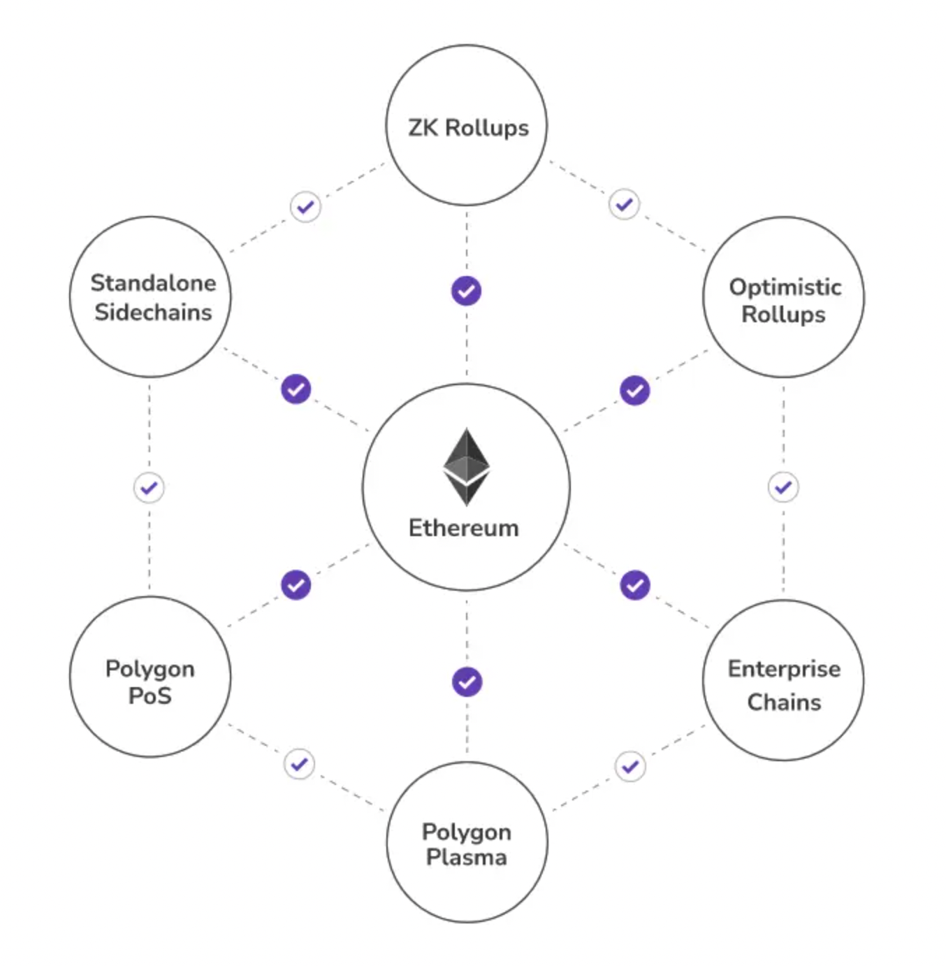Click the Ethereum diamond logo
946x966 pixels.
[x=466, y=466]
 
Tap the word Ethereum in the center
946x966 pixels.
[x=463, y=528]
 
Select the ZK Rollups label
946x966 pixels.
[x=468, y=128]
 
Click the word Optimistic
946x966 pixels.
[x=785, y=287]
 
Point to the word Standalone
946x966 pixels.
[x=153, y=283]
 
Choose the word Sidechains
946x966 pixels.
[x=153, y=312]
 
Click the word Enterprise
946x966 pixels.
[x=784, y=669]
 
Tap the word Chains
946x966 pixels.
[x=784, y=702]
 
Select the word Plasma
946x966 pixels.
[x=467, y=858]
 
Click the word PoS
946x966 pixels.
[x=150, y=696]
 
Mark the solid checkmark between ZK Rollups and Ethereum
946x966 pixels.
[x=466, y=291]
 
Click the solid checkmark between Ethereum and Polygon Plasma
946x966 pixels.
[x=467, y=682]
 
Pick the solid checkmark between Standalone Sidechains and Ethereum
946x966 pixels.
[x=296, y=389]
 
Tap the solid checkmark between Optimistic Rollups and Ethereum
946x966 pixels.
[x=634, y=390]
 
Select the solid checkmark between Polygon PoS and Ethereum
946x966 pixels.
[x=296, y=585]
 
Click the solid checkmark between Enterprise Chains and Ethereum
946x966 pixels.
[x=634, y=585]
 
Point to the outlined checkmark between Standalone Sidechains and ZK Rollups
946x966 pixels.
[x=305, y=207]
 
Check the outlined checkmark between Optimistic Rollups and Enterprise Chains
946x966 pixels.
[x=783, y=487]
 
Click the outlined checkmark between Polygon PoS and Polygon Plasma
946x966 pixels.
[x=299, y=764]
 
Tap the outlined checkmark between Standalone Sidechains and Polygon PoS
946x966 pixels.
[x=149, y=488]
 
